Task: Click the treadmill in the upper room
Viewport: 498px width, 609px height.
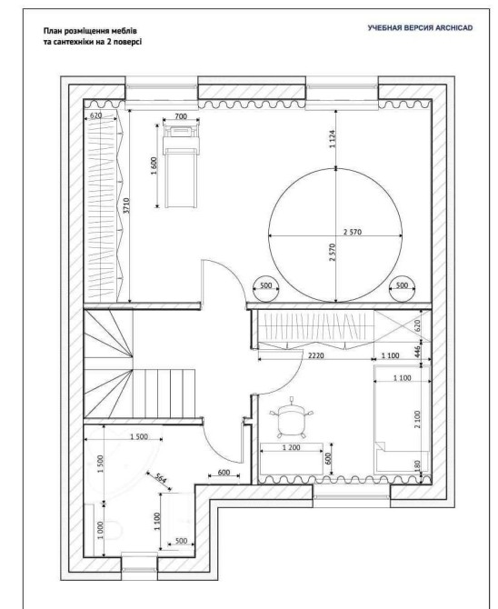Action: coord(181,165)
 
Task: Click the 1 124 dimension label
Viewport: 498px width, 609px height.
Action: coord(333,139)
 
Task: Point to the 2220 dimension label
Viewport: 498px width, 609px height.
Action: coord(315,355)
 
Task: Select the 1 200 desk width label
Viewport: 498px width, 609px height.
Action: coord(292,448)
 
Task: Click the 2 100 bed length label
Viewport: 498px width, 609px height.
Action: coord(418,419)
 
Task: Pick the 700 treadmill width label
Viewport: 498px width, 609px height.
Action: coord(181,116)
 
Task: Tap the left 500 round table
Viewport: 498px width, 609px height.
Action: coord(265,288)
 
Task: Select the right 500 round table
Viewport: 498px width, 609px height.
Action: coord(402,288)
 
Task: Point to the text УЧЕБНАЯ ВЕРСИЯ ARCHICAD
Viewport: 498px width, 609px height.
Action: coord(421,28)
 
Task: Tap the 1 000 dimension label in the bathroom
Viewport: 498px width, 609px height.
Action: coord(100,530)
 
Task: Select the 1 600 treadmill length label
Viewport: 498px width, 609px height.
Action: coord(154,165)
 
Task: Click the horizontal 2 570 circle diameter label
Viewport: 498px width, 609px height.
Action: coord(353,232)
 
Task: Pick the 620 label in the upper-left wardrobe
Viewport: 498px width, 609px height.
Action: coord(95,115)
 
